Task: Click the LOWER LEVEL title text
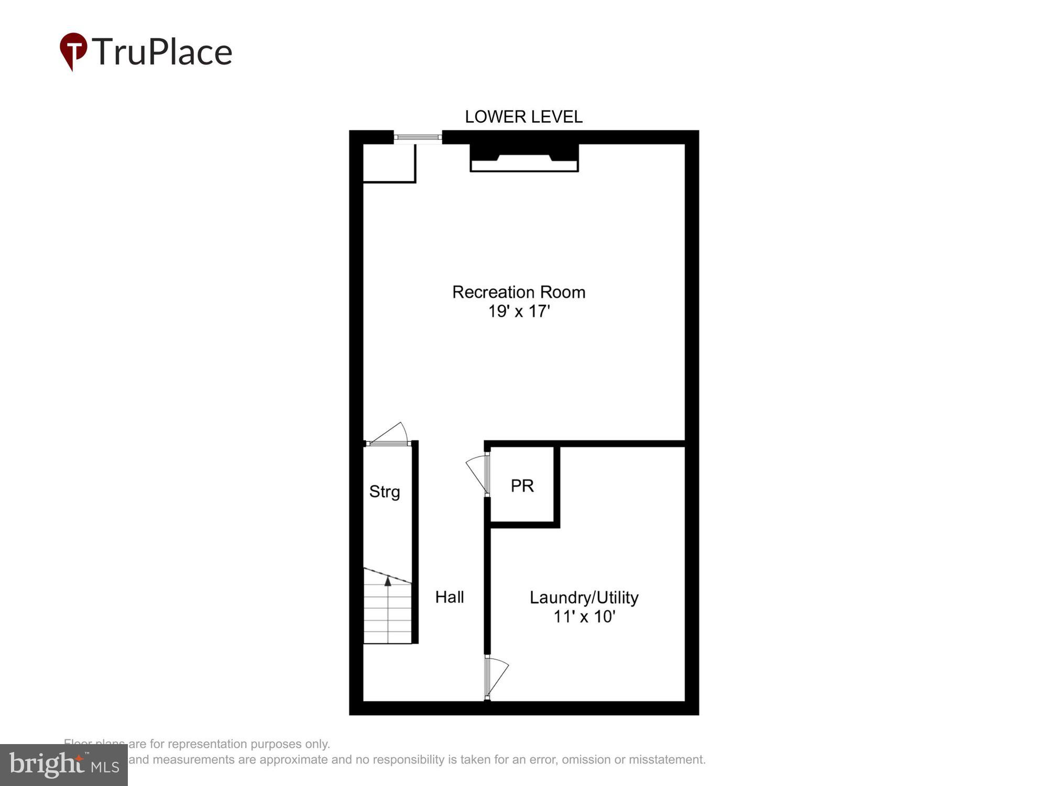click(523, 117)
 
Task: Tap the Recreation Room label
click(519, 292)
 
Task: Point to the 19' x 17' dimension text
click(519, 311)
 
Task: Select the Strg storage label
click(385, 492)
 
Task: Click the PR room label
click(522, 486)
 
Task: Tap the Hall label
click(450, 597)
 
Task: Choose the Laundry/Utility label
click(584, 597)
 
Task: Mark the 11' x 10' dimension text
click(584, 617)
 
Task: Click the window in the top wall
click(418, 137)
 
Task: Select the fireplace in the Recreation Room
click(524, 157)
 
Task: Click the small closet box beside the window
click(389, 163)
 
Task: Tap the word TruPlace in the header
click(162, 52)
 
